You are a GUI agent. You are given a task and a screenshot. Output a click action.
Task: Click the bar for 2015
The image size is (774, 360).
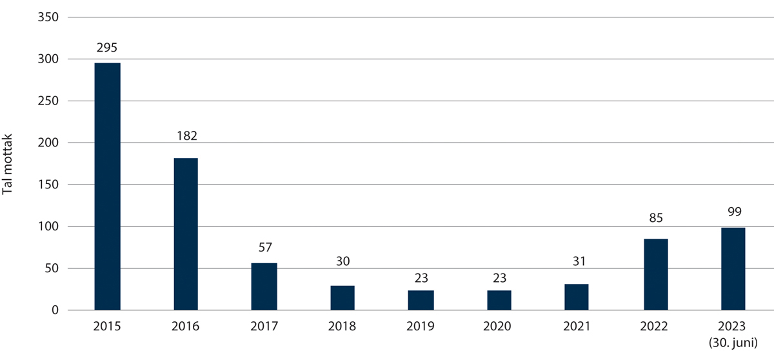[107, 186]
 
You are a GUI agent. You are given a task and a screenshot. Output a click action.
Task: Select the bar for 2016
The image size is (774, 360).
[185, 234]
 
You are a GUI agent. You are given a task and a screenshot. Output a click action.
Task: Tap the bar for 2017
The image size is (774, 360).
[264, 286]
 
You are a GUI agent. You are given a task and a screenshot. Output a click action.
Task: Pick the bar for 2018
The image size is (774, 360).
[342, 298]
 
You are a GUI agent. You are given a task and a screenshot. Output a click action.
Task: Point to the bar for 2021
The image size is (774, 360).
[577, 297]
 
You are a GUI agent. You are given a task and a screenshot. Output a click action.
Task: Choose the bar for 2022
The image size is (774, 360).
[655, 275]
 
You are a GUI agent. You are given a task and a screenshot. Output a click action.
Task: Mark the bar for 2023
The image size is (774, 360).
[733, 269]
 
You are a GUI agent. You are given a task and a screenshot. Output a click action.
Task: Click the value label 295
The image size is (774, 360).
[107, 48]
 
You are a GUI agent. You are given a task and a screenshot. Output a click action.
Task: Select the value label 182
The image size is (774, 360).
[185, 136]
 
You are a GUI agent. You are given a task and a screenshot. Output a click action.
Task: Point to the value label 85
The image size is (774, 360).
[655, 218]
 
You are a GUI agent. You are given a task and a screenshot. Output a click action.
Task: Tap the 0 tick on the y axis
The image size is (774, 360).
[55, 310]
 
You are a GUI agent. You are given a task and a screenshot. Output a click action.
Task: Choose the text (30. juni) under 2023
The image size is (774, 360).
[733, 342]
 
